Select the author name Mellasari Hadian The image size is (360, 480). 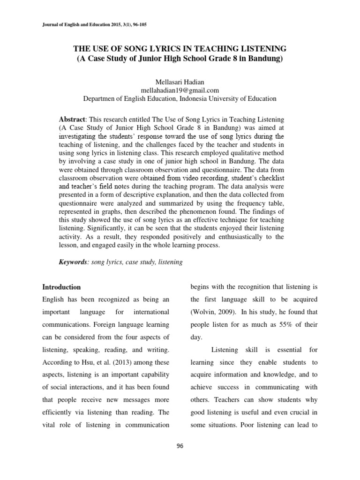(180, 82)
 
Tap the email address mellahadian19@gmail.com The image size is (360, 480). (180, 90)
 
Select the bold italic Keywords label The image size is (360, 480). (74, 262)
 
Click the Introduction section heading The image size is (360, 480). (61, 287)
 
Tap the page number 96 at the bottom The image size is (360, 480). (180, 446)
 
